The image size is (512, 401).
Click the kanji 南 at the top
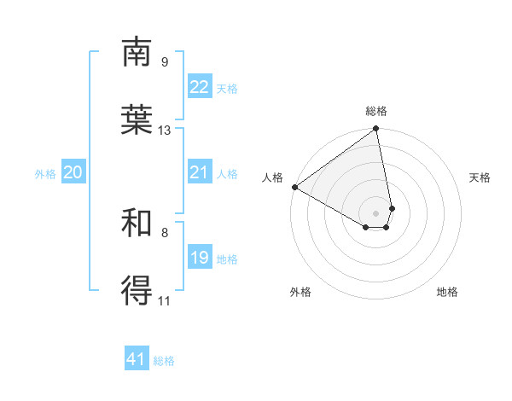pos(137,52)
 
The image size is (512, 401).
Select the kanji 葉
pos(137,119)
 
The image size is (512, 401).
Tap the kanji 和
pos(137,224)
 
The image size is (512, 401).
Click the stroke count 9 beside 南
pos(165,62)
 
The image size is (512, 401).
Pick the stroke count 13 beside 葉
pos(165,131)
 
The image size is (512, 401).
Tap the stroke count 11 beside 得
pos(165,300)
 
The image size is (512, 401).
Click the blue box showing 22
pos(199,87)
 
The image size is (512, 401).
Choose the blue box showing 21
pos(199,172)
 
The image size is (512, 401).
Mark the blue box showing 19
pos(199,258)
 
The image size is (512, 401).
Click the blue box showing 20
pos(73,172)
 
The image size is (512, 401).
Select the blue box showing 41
pos(137,359)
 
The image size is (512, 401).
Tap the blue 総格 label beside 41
pos(164,361)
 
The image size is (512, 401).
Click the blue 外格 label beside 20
pos(45,174)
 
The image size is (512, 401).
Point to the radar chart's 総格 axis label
pos(376,111)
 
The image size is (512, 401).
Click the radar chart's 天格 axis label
pos(480,177)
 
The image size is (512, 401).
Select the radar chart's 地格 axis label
pos(447,292)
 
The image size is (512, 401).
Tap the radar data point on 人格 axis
pos(294,187)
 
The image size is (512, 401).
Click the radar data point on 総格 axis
pos(376,130)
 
